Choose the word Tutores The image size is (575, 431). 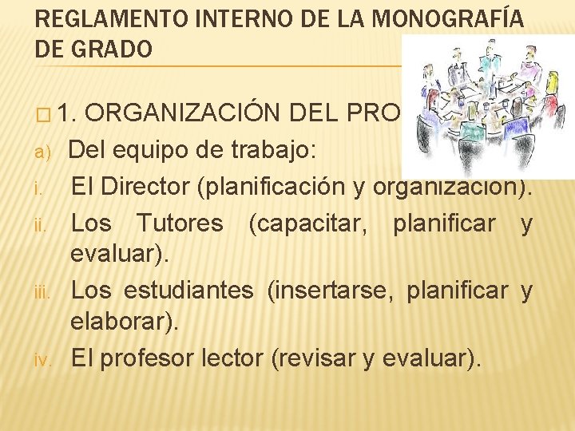180,223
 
